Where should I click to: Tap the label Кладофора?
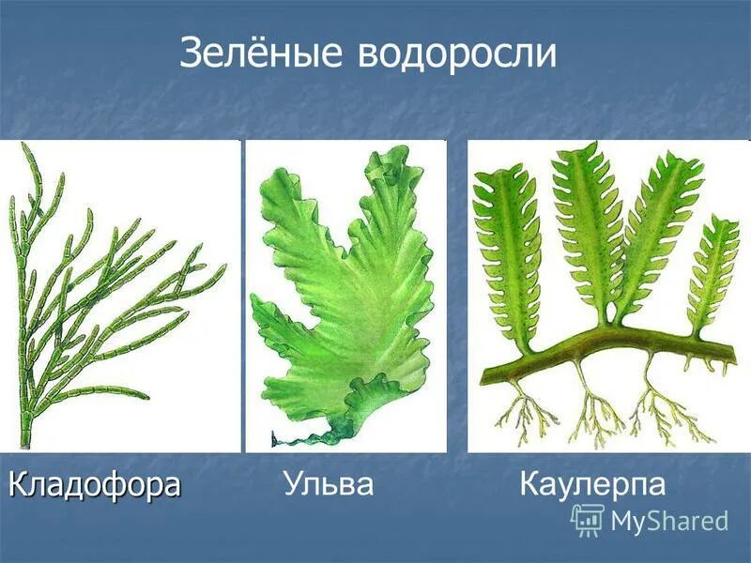(94, 484)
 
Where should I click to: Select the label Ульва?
(328, 484)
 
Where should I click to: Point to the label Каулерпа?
(592, 484)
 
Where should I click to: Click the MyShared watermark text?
(668, 521)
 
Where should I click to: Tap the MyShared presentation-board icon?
(588, 520)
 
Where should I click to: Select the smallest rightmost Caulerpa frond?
(716, 272)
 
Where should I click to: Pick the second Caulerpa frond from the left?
(587, 225)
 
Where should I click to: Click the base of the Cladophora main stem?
(25, 436)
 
